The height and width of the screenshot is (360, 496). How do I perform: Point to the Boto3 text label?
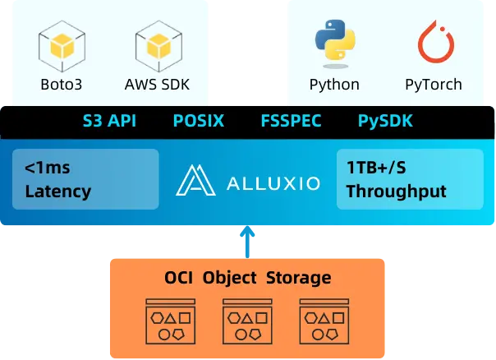(x=62, y=84)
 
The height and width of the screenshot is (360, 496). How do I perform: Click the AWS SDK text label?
(x=158, y=84)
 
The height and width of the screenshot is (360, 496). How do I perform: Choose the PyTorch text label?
(x=433, y=84)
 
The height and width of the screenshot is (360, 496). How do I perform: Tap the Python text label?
(x=334, y=84)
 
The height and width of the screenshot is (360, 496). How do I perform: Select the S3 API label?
(x=109, y=122)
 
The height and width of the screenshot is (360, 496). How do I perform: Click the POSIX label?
(x=198, y=122)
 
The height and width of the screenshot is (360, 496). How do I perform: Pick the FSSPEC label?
(x=291, y=122)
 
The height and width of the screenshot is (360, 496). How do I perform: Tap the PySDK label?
(x=385, y=122)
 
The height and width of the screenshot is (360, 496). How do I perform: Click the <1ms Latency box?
(x=85, y=179)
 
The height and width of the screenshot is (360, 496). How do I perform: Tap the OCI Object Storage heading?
(x=246, y=278)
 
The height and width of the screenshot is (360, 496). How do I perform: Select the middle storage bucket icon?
(x=247, y=321)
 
